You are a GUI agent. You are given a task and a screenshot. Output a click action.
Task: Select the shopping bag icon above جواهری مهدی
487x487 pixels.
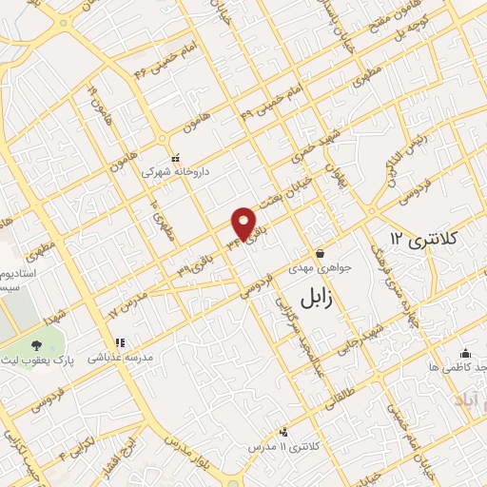tap(320, 254)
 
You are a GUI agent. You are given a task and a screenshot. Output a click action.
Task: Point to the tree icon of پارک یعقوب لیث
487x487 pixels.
tap(36, 346)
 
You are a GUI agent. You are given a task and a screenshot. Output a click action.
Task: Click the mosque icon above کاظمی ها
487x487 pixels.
tap(465, 351)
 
